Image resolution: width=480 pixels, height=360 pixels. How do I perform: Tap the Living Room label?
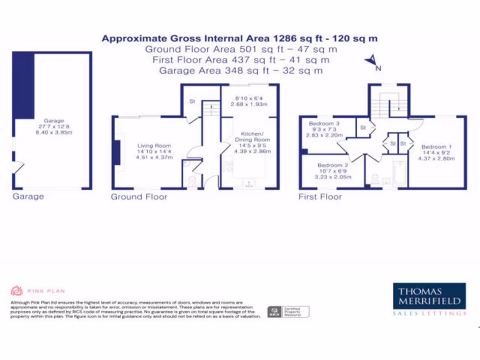click(154, 146)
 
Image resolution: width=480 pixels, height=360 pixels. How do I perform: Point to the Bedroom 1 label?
click(437, 147)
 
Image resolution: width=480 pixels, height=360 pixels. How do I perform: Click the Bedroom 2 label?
click(332, 165)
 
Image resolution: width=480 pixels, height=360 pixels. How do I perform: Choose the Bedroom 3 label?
click(324, 124)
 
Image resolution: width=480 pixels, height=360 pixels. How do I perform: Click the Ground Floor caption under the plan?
click(139, 197)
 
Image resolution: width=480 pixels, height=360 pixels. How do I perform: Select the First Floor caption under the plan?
click(320, 197)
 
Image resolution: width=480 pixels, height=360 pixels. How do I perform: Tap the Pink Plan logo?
click(37, 291)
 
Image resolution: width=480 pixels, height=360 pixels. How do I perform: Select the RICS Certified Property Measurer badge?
click(288, 311)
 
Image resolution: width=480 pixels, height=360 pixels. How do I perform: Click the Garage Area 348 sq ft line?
click(241, 71)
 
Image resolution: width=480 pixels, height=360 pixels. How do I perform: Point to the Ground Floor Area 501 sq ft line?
click(241, 49)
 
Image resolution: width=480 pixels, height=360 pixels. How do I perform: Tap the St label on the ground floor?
click(192, 101)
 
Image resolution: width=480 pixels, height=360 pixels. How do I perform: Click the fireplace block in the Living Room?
click(116, 152)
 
